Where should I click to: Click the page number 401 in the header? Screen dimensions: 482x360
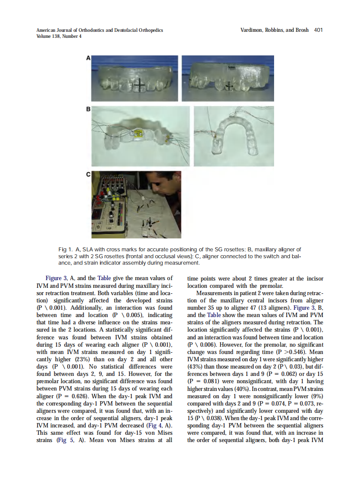[318, 30]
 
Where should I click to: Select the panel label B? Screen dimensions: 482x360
[88, 110]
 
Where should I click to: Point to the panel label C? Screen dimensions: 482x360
[88, 174]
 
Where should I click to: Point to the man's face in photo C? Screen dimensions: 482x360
[163, 189]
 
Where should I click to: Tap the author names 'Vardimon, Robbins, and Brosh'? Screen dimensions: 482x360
[275, 30]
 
